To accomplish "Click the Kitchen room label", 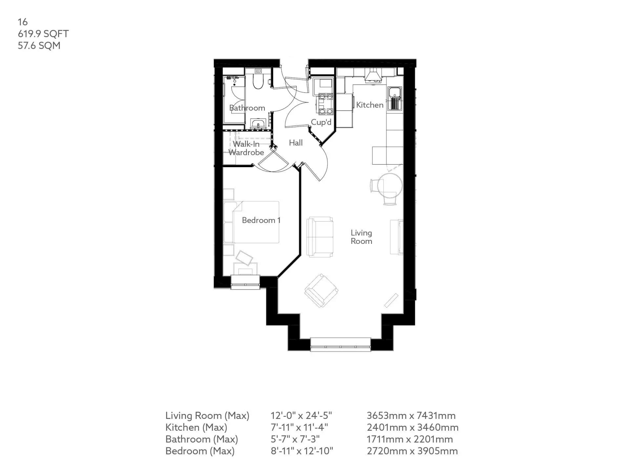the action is (370, 105).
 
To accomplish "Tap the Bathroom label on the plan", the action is (247, 108).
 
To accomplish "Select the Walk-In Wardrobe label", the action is (246, 148).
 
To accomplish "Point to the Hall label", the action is (296, 143).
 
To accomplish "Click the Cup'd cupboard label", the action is (321, 122).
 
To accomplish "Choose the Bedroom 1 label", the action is (261, 220).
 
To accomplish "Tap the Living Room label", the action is (361, 237).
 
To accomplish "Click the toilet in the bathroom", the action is (258, 79).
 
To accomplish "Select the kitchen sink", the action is (395, 98).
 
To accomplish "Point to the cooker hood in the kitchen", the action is (373, 75).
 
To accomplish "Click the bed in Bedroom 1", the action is (251, 222).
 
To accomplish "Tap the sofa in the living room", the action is (320, 237).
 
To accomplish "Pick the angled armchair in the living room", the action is (321, 291).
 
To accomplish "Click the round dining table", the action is (390, 186).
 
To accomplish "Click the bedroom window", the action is (245, 282).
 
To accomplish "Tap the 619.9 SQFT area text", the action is (43, 34).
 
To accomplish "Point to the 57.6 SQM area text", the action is (39, 46).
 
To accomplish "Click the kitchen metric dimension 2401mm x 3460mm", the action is (412, 427).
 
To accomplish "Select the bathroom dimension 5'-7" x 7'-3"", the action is (295, 439).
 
